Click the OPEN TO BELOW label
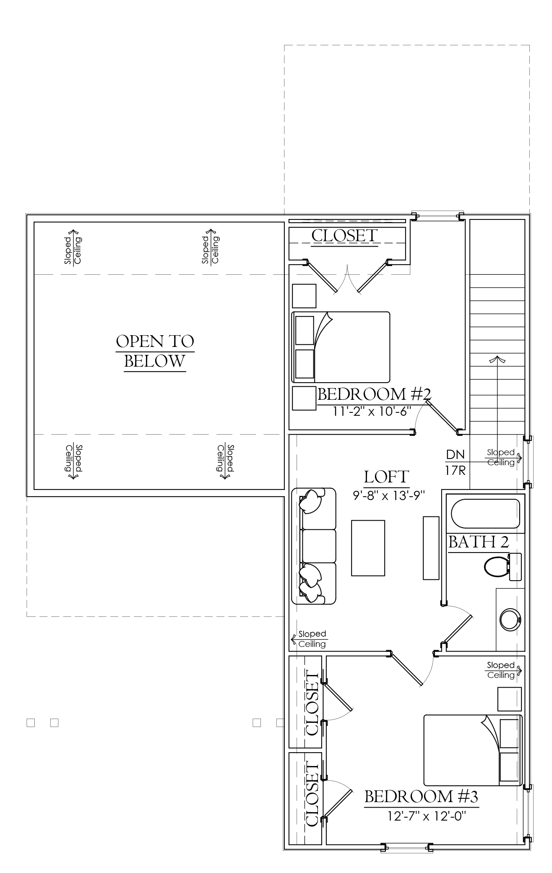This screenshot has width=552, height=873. (x=155, y=351)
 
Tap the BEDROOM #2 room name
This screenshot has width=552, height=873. (x=374, y=394)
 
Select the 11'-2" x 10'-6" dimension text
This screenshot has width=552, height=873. (x=371, y=411)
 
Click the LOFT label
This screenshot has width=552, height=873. (x=386, y=477)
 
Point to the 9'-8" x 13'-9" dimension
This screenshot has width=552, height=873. (x=389, y=495)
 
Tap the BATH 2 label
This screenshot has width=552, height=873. (x=479, y=542)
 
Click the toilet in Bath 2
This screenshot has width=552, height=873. (x=503, y=567)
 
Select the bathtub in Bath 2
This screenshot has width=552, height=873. (x=485, y=513)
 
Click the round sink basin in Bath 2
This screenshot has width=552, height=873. (x=510, y=619)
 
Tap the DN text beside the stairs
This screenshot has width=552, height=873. (x=455, y=454)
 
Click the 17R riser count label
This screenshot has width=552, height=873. (x=456, y=470)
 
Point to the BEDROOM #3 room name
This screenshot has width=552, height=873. (x=421, y=796)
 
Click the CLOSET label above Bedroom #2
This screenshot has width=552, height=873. (x=344, y=236)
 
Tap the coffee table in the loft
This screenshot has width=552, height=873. (x=368, y=548)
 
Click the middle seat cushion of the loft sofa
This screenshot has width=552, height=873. (x=319, y=546)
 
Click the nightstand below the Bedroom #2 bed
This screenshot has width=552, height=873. (x=304, y=399)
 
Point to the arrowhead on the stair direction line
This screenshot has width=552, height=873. (x=497, y=359)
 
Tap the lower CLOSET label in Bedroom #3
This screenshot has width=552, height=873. (x=312, y=795)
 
